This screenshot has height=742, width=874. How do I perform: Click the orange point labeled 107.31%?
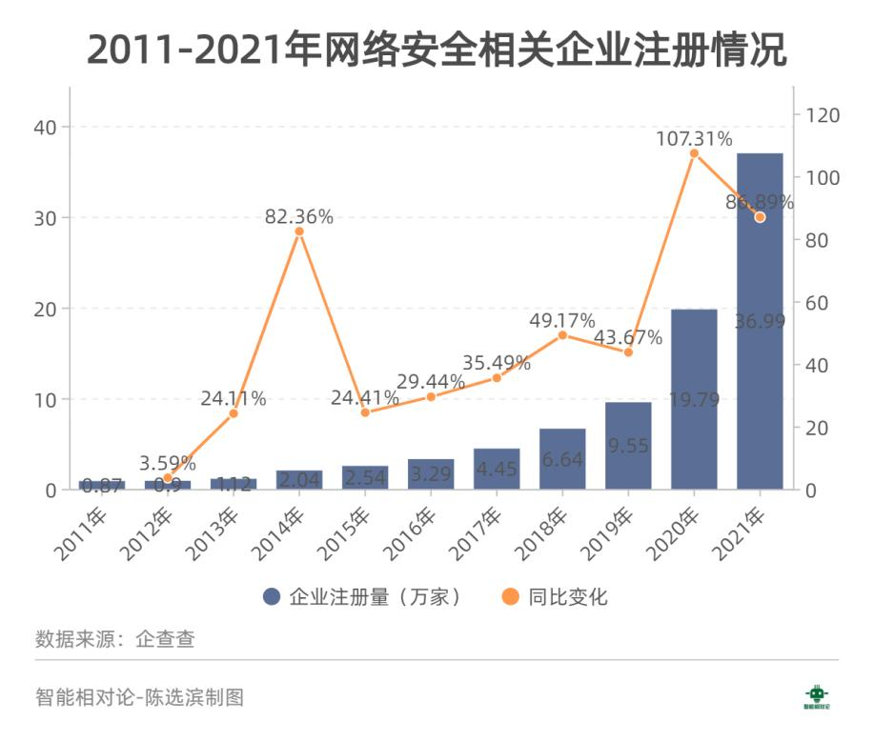694,153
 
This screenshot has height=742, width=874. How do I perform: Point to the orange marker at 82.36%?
299,231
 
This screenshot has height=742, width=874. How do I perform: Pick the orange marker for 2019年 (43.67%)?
628,352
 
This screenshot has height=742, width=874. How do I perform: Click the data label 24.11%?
233,398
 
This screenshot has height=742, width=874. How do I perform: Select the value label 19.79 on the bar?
694,399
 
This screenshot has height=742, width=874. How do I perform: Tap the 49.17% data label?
562,319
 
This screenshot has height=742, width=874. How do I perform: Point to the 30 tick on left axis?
46,218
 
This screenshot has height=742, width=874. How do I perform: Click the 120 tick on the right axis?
823,115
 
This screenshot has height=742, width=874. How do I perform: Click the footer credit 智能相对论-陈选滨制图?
139,697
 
